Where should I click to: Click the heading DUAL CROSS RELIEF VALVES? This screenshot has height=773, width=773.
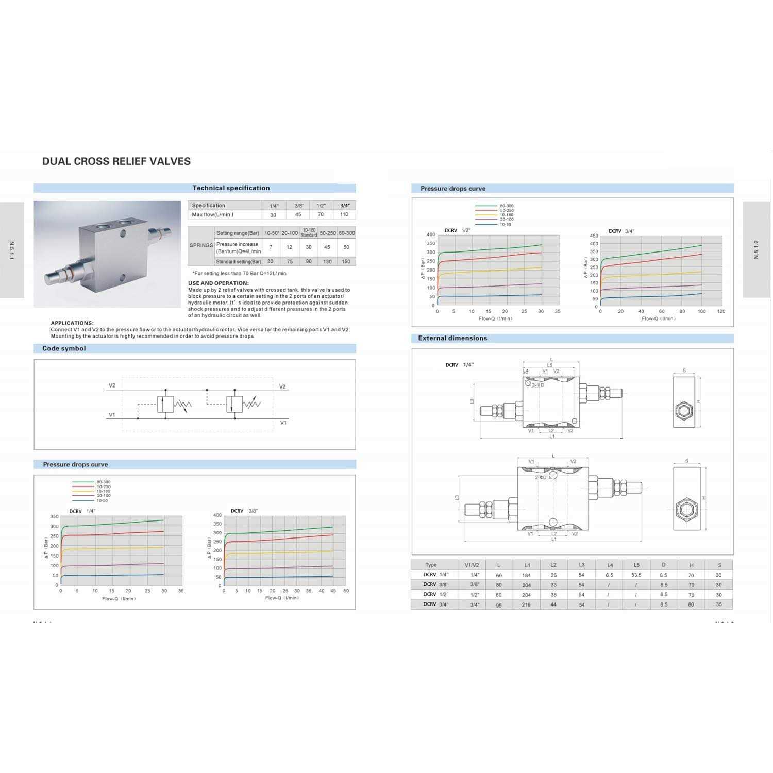(x=116, y=161)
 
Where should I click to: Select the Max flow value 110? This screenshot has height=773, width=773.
(x=344, y=214)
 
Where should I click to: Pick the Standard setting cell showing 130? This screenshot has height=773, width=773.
(x=327, y=261)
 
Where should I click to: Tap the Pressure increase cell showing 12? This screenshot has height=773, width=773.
(x=289, y=247)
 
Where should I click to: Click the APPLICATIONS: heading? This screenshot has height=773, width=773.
(x=72, y=323)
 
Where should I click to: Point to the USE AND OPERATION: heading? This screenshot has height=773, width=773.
(x=219, y=283)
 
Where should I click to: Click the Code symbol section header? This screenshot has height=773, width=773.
(x=64, y=349)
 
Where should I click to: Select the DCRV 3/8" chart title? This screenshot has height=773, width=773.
(x=244, y=511)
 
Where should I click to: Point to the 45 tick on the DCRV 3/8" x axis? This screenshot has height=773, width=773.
(x=333, y=591)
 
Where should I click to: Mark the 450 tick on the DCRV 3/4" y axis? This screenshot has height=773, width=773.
(x=594, y=236)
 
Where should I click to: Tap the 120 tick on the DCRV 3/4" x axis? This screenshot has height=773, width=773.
(x=721, y=311)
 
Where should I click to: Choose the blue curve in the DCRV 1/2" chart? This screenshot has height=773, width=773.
(x=490, y=296)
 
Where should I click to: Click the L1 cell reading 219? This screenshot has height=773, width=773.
(x=526, y=604)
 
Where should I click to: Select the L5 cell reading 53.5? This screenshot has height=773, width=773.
(x=636, y=575)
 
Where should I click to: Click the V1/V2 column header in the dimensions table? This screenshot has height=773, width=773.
(x=472, y=565)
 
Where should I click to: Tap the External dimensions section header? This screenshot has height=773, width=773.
(x=452, y=339)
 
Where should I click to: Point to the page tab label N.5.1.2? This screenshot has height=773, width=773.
(x=756, y=249)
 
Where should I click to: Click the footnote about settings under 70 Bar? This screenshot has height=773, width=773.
(x=239, y=274)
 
